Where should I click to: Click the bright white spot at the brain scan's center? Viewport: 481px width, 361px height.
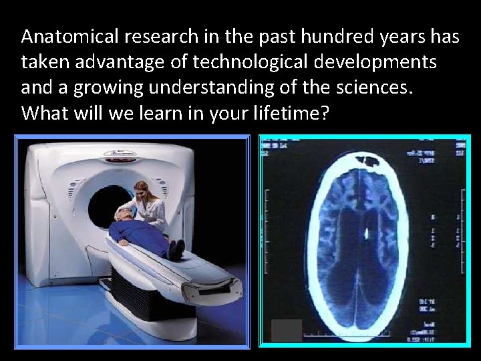(x=365, y=234)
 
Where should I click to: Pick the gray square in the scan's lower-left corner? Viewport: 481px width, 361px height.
(x=287, y=330)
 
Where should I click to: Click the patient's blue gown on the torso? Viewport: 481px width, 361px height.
(x=140, y=234)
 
